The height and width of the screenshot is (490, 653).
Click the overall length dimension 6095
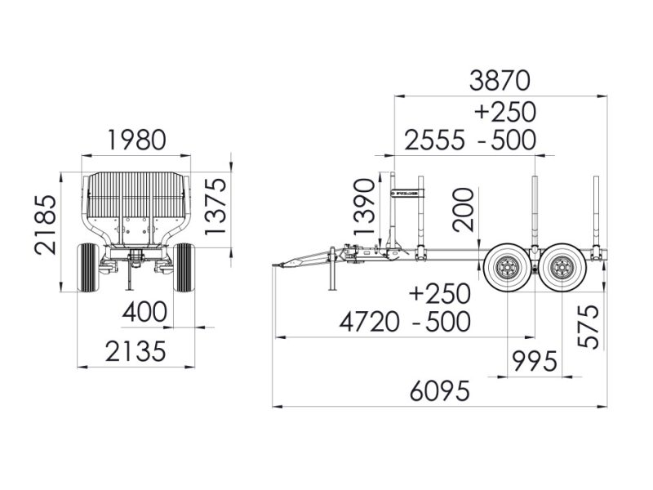tap(440, 391)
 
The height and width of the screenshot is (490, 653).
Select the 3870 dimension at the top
tap(500, 80)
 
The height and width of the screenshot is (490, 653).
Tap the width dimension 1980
tap(137, 140)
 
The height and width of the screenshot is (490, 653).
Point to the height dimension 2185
tap(46, 225)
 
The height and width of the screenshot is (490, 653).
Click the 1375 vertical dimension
tap(215, 206)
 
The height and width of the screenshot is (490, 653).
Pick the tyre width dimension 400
tap(144, 312)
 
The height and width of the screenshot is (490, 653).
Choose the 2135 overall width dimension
tap(135, 351)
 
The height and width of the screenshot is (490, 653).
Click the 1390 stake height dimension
tap(364, 207)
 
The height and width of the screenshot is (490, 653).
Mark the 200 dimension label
tap(463, 210)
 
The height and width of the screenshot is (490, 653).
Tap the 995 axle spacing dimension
tap(535, 361)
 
